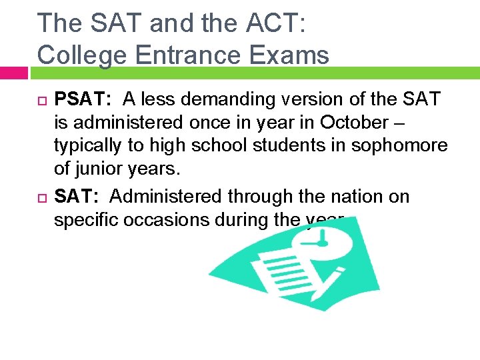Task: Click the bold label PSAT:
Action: pos(83,100)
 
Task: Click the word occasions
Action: pos(167,220)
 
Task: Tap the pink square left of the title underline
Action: pos(13,72)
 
